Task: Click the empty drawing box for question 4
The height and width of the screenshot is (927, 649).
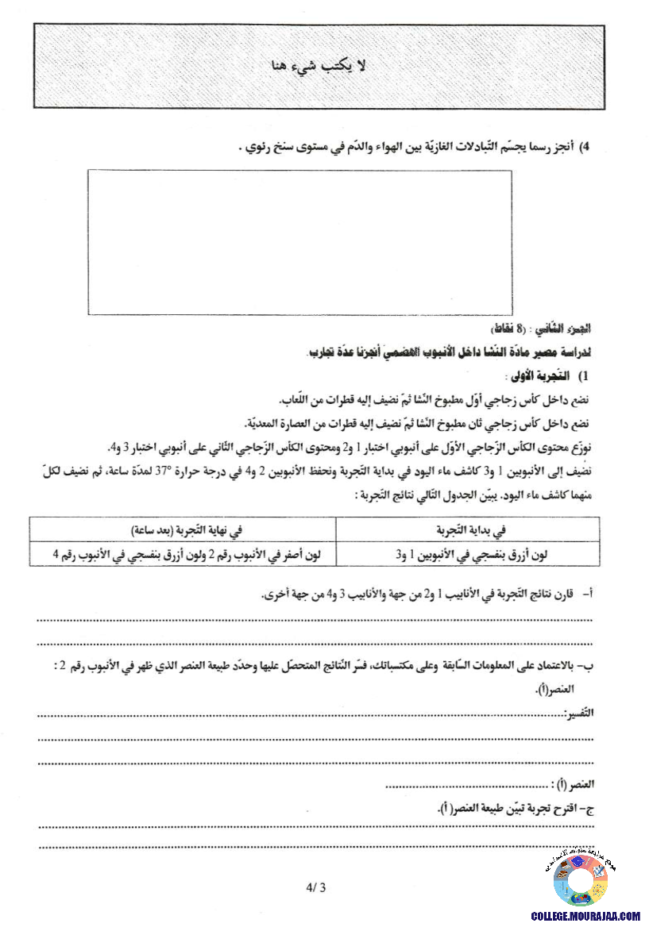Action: click(299, 242)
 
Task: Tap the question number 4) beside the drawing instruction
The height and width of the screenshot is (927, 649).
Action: click(587, 147)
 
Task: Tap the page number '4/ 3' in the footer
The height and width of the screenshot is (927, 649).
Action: click(315, 888)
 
